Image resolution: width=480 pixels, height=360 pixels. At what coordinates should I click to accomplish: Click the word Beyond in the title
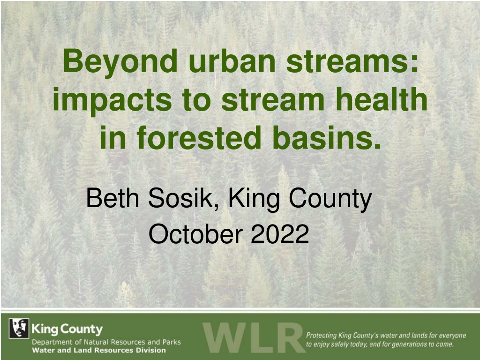point(120,62)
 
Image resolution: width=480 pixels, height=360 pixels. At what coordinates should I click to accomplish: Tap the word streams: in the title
point(352,63)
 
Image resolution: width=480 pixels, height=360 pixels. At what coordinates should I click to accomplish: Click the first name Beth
point(113,198)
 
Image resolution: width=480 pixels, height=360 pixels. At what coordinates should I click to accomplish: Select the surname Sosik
point(184,198)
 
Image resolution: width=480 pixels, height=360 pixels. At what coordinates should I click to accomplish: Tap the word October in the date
point(195,234)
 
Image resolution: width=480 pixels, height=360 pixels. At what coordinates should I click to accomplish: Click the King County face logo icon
point(19,328)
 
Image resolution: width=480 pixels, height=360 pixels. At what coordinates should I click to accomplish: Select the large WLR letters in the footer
point(254,337)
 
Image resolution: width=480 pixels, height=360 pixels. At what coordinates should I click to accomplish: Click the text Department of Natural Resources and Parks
point(106,342)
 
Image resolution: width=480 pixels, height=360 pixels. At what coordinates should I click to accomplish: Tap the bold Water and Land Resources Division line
point(99,350)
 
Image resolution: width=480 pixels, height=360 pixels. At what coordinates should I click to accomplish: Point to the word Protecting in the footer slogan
point(321,336)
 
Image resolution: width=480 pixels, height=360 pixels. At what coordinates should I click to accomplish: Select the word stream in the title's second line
point(273,100)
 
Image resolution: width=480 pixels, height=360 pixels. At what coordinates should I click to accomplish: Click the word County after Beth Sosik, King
point(330,199)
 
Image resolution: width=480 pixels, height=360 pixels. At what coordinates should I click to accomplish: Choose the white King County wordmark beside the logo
point(67,329)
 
